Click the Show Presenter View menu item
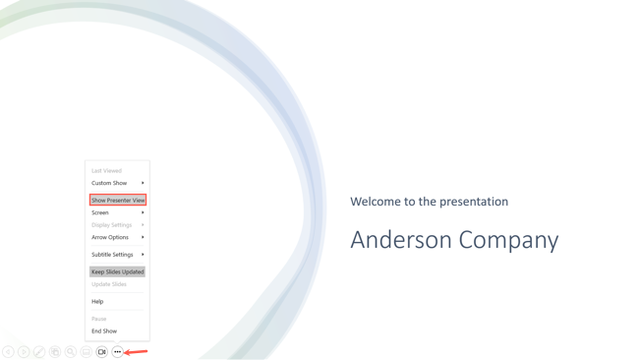(117, 201)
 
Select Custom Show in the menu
(109, 183)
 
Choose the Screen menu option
(100, 212)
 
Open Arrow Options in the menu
(110, 237)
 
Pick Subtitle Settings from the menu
(112, 255)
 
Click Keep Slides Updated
(117, 271)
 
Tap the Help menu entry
(97, 302)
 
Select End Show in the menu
(104, 331)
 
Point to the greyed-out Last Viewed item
(106, 171)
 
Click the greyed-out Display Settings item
(111, 225)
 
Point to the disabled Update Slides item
(108, 284)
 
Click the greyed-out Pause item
(98, 319)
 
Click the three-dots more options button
(117, 352)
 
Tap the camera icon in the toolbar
(101, 352)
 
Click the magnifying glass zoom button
(71, 352)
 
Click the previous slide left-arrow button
(8, 352)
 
